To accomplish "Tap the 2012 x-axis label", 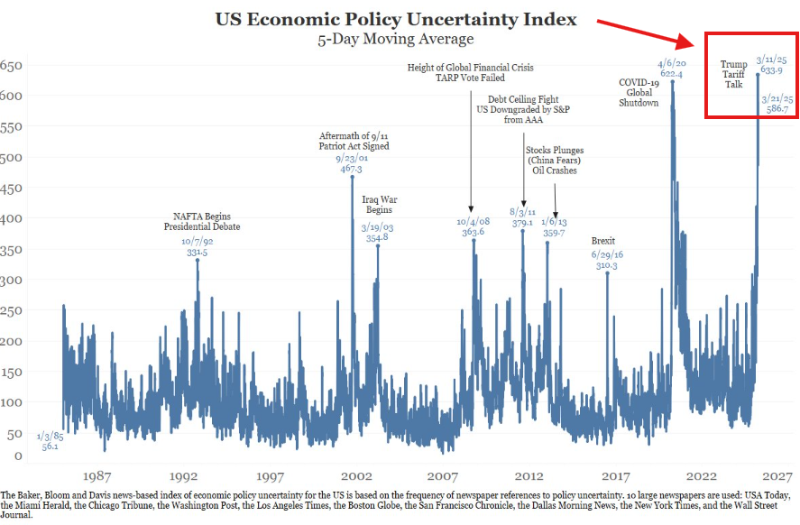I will tap(529, 475).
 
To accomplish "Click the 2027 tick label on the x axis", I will tap(777, 475).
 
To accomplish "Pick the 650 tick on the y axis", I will tap(11, 66).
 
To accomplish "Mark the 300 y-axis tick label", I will tap(11, 280).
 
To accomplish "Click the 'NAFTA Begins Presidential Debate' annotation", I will tap(207, 222).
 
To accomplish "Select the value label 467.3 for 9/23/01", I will tap(346, 169).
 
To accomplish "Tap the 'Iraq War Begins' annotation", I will tap(380, 205).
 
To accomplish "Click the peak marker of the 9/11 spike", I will tap(352, 177).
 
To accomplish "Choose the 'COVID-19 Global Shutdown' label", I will tap(639, 93).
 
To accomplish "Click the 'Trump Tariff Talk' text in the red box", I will tap(733, 74).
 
